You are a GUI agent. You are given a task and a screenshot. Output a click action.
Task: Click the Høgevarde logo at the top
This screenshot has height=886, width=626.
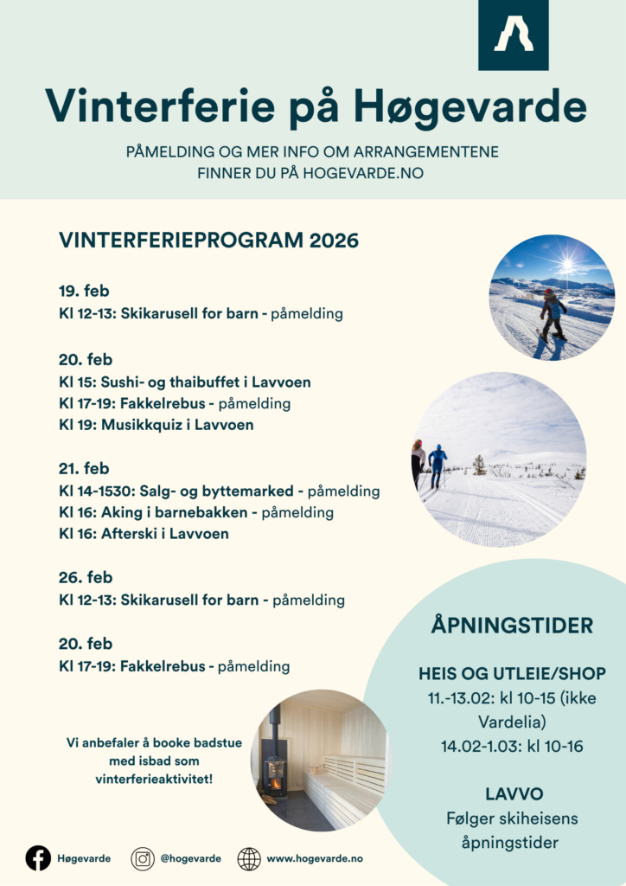[514, 35]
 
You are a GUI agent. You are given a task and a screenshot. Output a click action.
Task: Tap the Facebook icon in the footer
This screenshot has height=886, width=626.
[38, 857]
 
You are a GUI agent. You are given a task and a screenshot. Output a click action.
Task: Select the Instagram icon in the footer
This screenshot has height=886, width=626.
[143, 858]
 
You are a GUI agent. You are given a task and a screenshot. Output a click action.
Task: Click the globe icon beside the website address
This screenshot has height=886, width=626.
[249, 858]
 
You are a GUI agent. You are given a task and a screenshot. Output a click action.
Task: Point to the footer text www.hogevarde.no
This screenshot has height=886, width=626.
[314, 858]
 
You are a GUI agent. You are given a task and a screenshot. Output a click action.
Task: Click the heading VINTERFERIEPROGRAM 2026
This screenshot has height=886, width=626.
[208, 241]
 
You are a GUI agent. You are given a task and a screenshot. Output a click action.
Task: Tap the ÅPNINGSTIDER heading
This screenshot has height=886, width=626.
[512, 626]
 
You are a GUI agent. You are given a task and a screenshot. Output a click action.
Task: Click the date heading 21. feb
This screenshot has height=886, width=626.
[85, 469]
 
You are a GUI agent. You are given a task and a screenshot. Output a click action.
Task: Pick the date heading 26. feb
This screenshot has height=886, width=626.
[86, 577]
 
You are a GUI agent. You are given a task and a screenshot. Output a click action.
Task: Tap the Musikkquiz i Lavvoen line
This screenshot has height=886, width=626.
[156, 425]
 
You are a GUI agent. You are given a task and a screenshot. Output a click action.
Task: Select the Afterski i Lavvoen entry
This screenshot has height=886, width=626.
[144, 534]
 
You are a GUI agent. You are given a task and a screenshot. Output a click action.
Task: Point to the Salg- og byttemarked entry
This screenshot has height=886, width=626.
[220, 491]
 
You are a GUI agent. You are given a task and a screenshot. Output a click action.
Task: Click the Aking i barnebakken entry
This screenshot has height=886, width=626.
[196, 512]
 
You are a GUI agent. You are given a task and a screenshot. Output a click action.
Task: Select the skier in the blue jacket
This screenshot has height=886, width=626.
[438, 465]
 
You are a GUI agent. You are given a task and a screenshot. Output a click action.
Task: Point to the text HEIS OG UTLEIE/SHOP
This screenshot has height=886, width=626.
[512, 673]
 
